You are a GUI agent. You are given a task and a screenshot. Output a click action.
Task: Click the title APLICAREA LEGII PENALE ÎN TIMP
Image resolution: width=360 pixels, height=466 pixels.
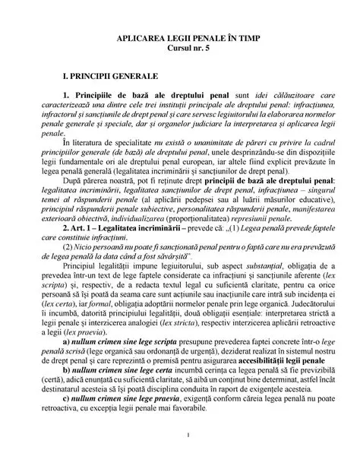[179, 37]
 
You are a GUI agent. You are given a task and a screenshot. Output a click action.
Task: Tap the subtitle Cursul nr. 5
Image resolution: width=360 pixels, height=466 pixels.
[179, 47]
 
